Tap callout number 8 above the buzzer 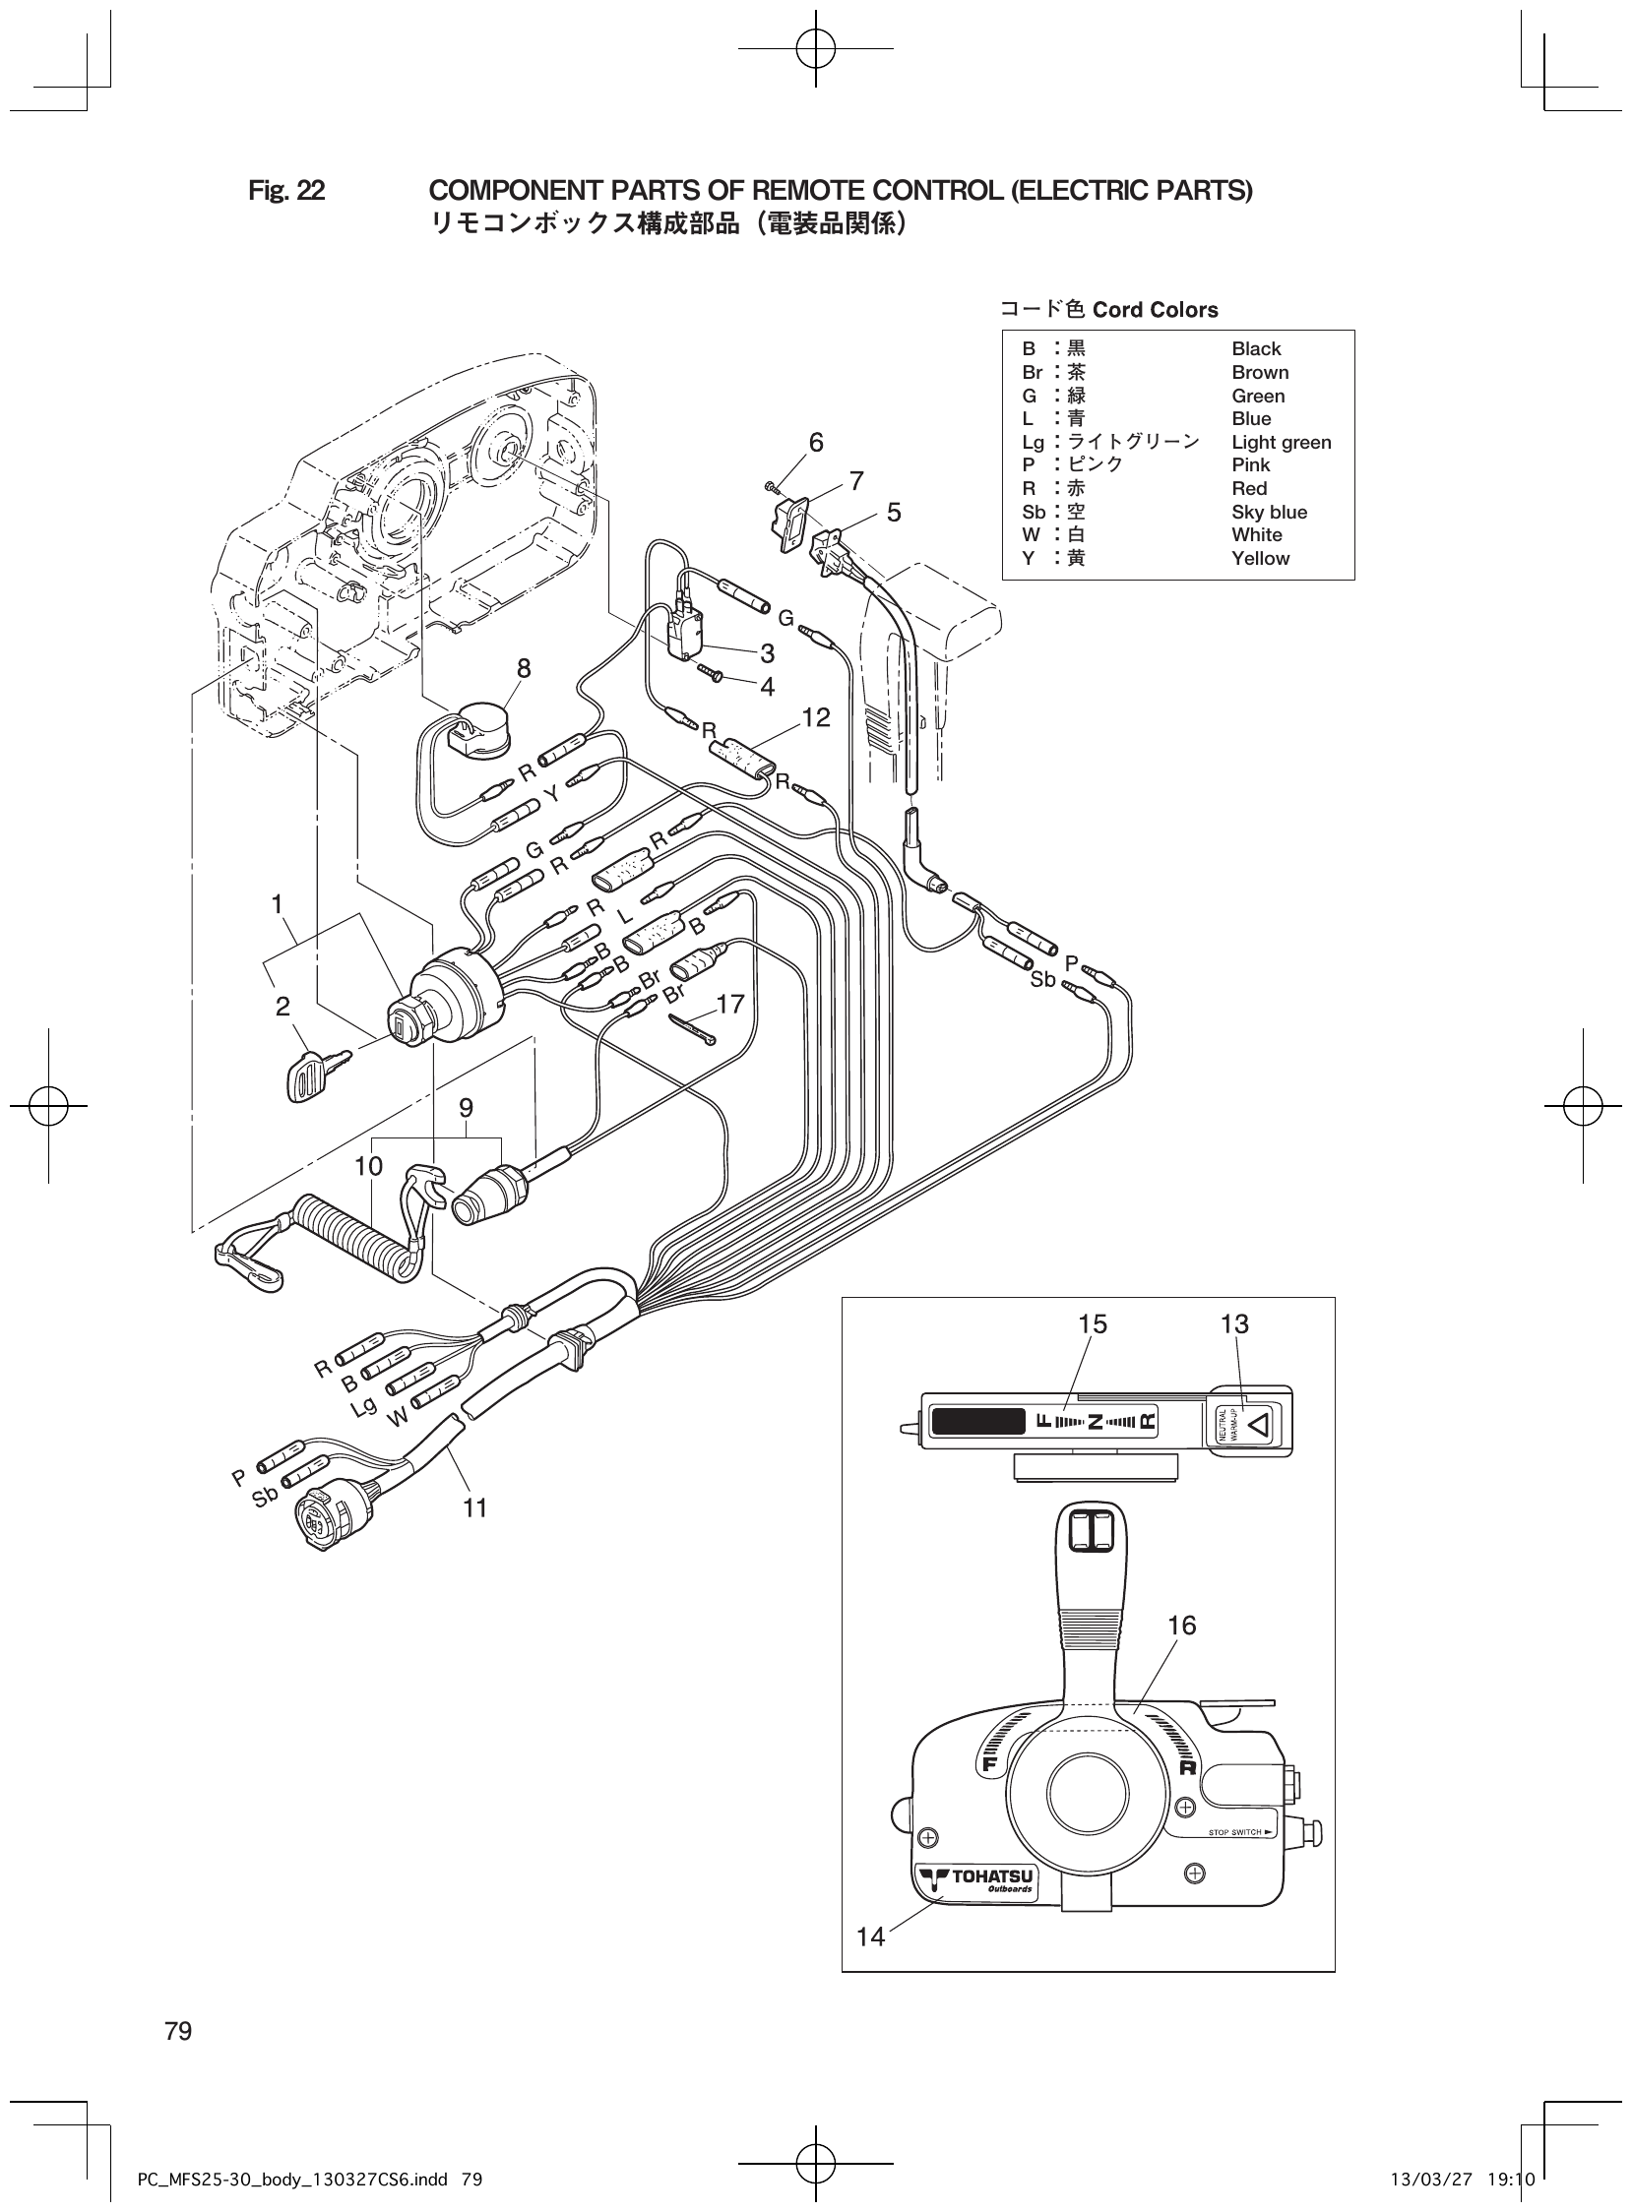(524, 668)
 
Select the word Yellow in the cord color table (1260, 558)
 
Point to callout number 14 (870, 1936)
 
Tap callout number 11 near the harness (475, 1507)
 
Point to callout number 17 (729, 1005)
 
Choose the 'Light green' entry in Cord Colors (1281, 443)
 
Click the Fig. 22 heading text (286, 191)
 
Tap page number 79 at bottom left (179, 2031)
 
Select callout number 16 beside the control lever (1181, 1625)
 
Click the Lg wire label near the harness (363, 1406)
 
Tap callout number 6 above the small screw (816, 443)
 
